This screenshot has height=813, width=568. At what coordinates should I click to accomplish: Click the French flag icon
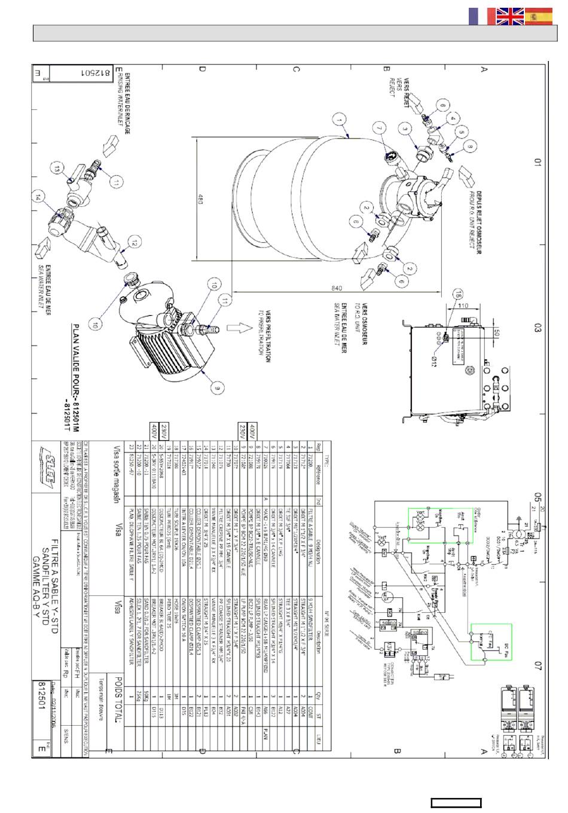click(x=477, y=16)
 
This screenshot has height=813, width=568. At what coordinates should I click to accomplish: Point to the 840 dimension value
click(x=340, y=288)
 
